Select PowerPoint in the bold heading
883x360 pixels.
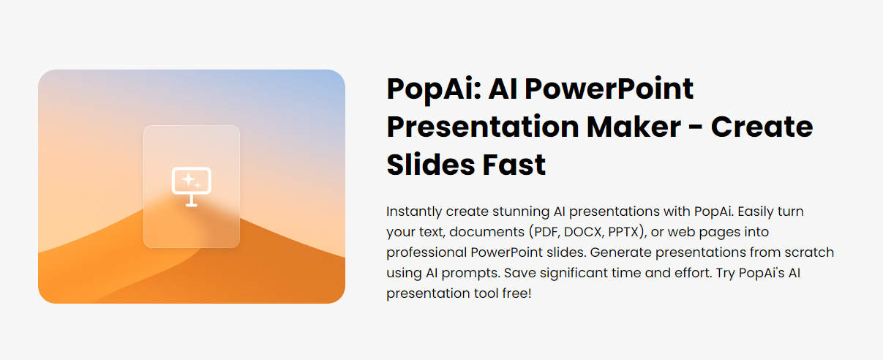pyautogui.click(x=610, y=89)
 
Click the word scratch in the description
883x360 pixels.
pyautogui.click(x=810, y=252)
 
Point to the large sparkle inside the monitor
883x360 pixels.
pyautogui.click(x=187, y=179)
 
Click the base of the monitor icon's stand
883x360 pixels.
pyautogui.click(x=192, y=205)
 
